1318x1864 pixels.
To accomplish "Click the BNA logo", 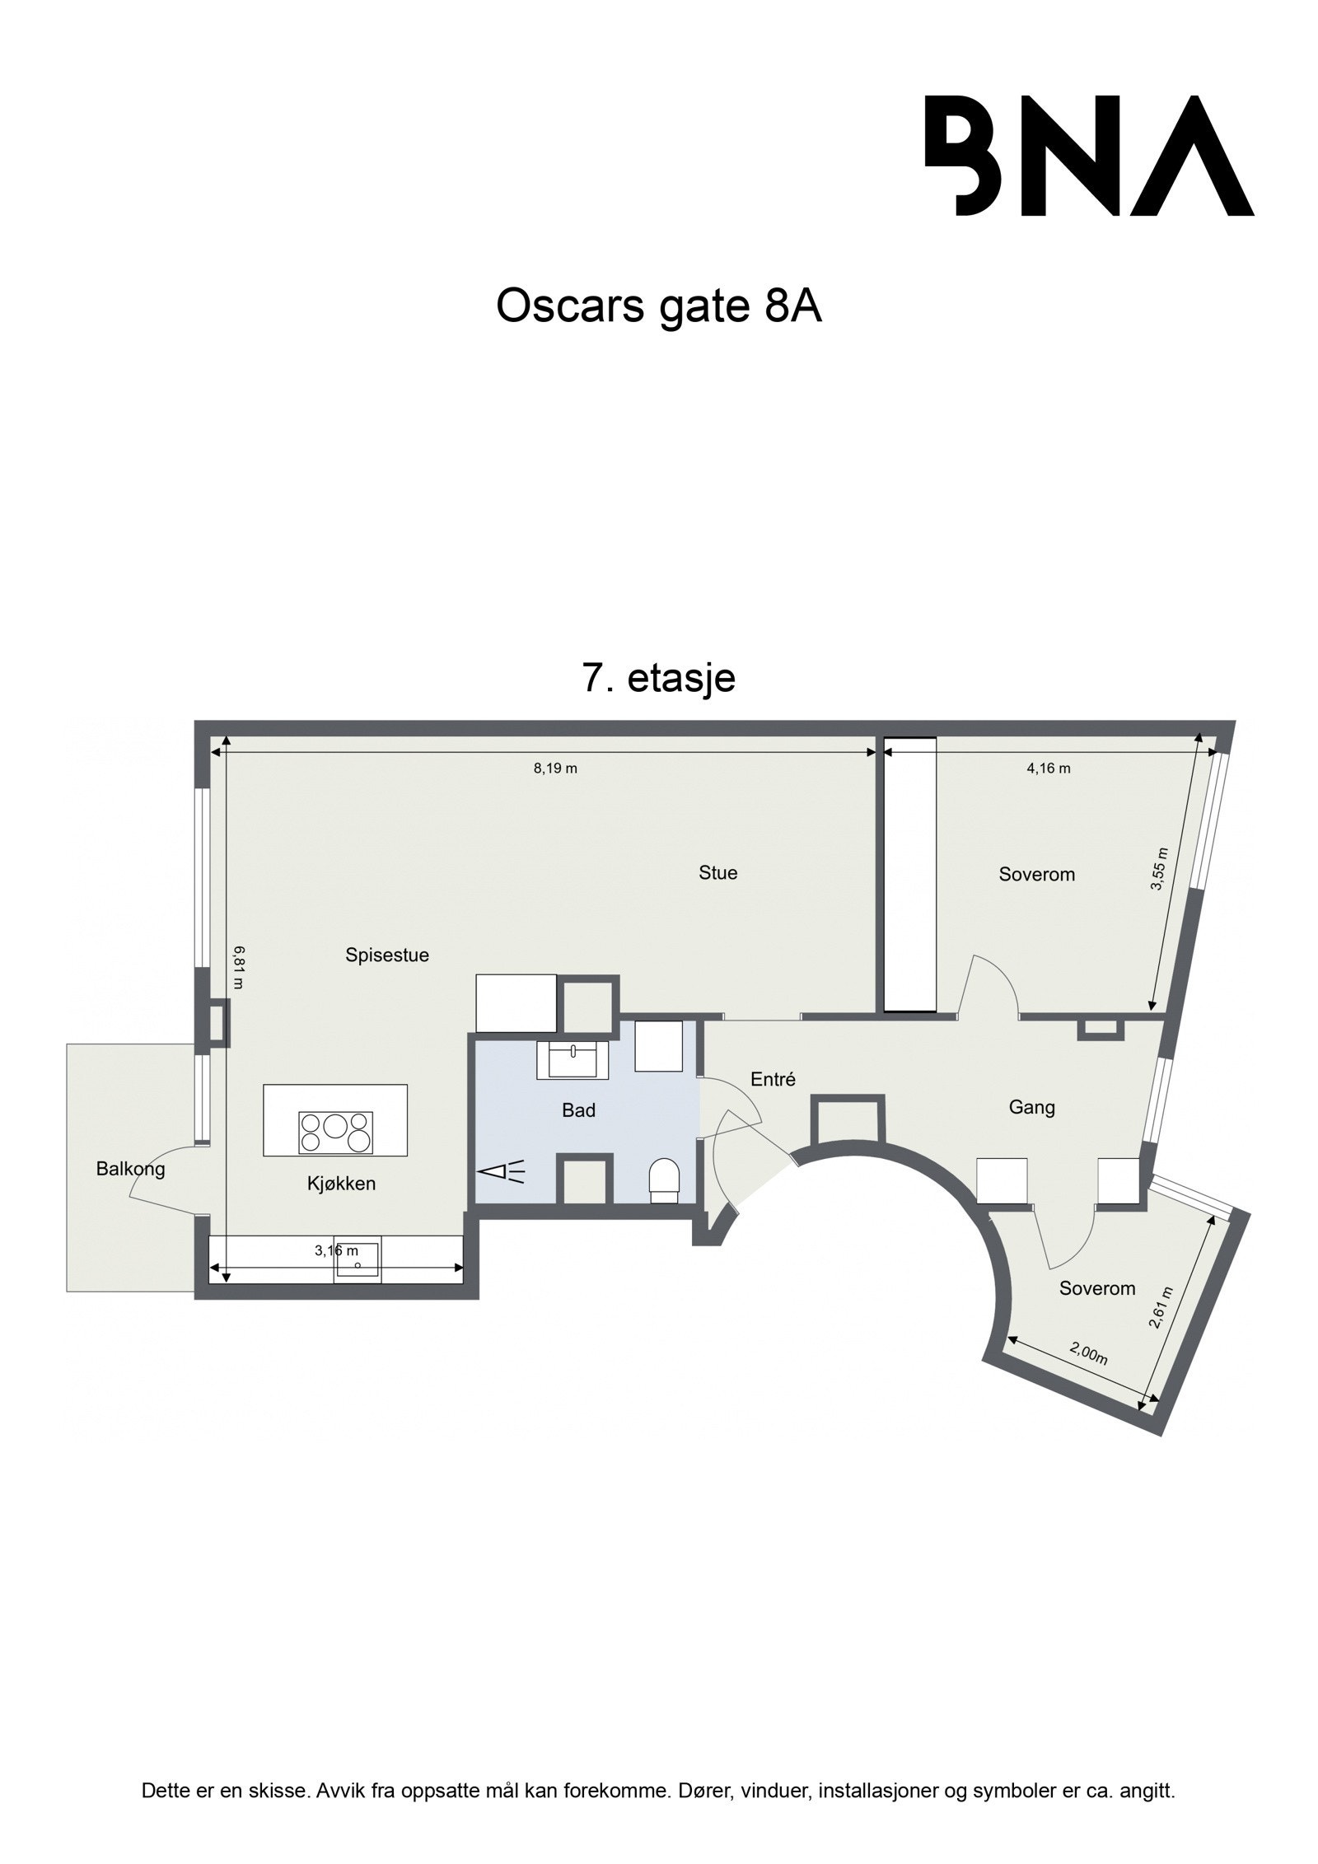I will click(x=1088, y=156).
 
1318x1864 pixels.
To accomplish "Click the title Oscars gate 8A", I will click(x=658, y=307).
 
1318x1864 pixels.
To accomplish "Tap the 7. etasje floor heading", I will click(x=659, y=678).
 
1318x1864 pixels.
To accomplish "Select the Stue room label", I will click(x=717, y=872).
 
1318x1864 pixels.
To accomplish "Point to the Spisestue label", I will click(x=387, y=955).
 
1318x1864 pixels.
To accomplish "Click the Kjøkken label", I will click(x=341, y=1184).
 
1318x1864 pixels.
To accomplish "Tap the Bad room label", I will click(x=578, y=1110).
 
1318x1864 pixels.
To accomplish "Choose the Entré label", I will click(x=773, y=1079).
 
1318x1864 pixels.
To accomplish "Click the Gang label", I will click(x=1031, y=1108).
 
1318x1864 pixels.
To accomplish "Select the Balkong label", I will click(x=130, y=1168).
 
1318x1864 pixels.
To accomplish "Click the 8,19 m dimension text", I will click(x=555, y=768).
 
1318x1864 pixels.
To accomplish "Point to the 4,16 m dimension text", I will click(x=1048, y=768).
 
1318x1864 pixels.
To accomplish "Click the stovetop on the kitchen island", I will click(x=335, y=1132).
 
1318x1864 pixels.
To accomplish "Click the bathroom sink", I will click(x=573, y=1059).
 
